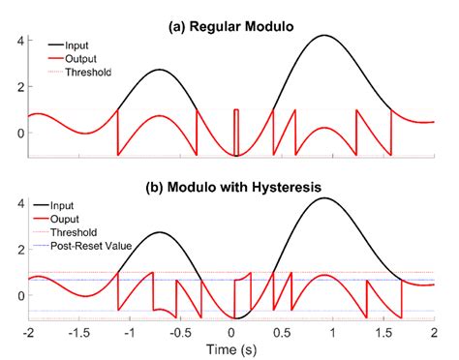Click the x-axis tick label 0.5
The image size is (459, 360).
coord(281,332)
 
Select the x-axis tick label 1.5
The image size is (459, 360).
coord(382,332)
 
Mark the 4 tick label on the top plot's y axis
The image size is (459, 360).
coord(12,41)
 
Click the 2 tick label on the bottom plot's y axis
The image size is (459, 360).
coord(12,249)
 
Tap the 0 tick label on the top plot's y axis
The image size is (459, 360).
coord(12,132)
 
